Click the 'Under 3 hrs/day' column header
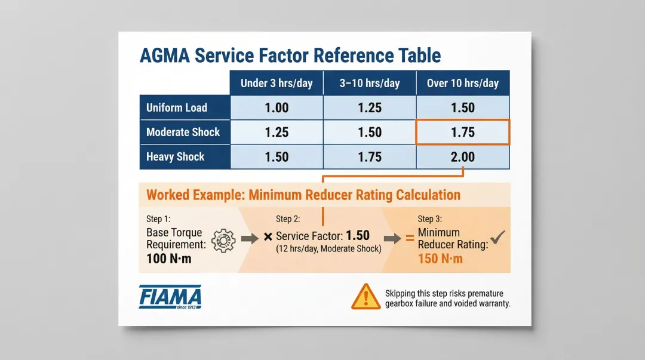coord(277,83)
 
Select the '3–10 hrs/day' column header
coord(370,83)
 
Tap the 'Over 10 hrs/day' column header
coord(463,83)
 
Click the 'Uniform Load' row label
coord(177,108)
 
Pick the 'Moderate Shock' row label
coord(183,132)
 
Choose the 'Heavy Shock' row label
coord(176,157)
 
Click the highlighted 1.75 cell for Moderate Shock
coord(463,133)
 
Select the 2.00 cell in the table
coord(463,157)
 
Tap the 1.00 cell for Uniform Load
coord(277,108)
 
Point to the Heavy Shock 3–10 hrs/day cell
coord(370,157)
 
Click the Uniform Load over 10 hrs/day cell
coord(463,108)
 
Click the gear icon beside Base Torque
coord(223,239)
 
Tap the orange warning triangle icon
coord(365,297)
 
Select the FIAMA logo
coord(170,297)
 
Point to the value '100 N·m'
coord(169,259)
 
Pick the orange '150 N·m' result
coord(441,259)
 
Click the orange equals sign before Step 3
coord(410,238)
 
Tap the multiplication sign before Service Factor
coord(268,238)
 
